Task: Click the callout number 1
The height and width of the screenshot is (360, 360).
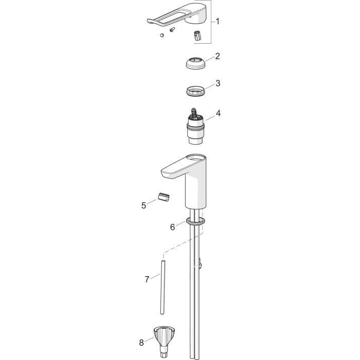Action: click(x=218, y=22)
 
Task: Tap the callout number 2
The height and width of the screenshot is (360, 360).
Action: click(x=218, y=56)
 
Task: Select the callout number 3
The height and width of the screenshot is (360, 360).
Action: click(x=218, y=83)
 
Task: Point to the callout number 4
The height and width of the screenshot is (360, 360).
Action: click(x=218, y=113)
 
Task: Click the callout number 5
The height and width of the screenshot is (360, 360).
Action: click(x=143, y=205)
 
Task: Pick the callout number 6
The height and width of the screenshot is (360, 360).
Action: click(x=172, y=227)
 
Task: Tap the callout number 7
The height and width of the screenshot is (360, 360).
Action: click(x=147, y=279)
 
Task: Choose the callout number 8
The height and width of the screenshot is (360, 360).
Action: click(x=141, y=343)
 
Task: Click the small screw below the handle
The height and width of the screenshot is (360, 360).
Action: click(x=172, y=30)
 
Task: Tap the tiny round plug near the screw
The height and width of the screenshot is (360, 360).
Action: click(x=162, y=35)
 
